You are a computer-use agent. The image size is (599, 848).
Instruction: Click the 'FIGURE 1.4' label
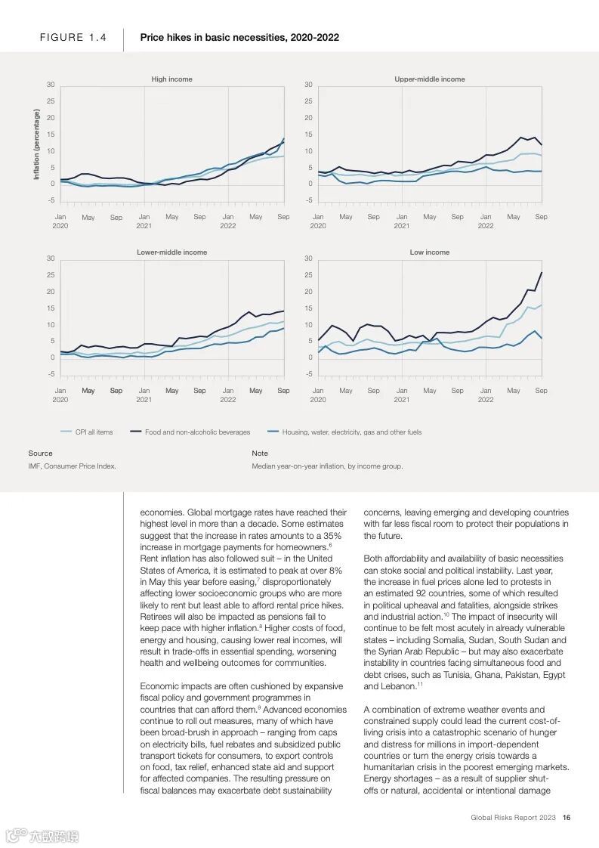73,38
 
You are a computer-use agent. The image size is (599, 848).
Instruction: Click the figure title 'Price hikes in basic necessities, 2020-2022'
239,38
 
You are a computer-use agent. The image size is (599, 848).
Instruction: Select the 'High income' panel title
171,79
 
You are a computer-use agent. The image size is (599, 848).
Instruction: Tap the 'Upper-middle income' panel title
429,79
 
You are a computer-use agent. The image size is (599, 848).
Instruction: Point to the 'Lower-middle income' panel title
171,252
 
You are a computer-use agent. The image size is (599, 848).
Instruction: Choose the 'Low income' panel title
429,252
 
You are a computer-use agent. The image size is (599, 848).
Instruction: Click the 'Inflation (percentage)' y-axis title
36,144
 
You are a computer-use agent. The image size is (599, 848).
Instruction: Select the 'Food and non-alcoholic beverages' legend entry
197,432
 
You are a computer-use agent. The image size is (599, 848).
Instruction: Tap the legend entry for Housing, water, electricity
351,432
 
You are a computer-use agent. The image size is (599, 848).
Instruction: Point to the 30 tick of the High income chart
50,85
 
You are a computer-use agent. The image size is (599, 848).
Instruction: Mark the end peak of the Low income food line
541,273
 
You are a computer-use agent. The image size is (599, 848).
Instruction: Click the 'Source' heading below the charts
40,453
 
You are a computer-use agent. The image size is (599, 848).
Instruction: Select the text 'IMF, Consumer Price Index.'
72,466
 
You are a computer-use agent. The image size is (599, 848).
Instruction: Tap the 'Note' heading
260,453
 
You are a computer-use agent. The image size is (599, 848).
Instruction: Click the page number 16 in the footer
566,817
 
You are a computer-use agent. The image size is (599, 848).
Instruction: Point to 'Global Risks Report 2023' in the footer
513,817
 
